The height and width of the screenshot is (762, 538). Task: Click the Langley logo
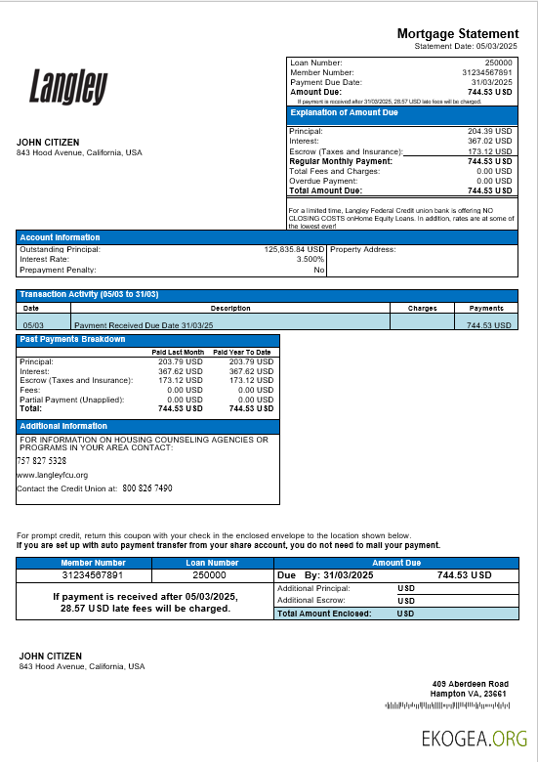coord(67,86)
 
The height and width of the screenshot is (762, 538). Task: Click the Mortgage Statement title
coord(457,34)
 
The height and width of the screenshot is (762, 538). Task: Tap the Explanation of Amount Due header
coord(345,113)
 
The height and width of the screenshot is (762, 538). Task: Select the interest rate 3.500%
coord(310,260)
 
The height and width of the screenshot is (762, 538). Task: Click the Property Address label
coord(363,250)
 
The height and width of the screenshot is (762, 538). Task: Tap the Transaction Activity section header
coord(89,294)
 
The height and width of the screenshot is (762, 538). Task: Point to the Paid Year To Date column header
coord(241,352)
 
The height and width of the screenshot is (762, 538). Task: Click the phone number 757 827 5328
coord(42,460)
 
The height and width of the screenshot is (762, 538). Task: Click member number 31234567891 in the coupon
coord(94,575)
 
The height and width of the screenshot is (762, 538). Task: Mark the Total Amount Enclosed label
coord(323,614)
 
